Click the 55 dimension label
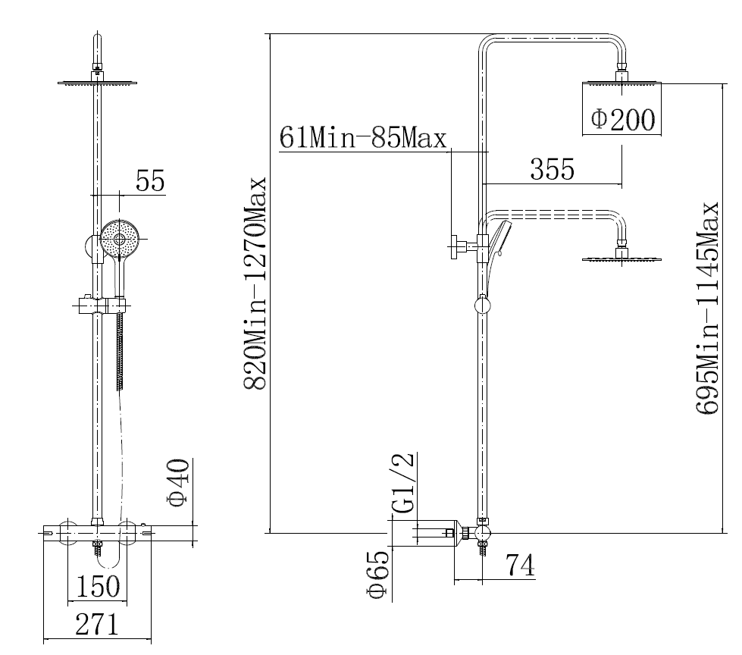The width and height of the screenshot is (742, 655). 151,180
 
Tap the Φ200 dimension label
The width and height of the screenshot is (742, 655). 623,119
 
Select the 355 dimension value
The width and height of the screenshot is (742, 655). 553,169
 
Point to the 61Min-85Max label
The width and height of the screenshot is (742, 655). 363,138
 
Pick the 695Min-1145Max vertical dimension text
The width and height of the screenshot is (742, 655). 707,309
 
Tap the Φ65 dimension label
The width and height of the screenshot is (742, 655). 378,575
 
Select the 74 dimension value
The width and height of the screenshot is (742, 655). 520,564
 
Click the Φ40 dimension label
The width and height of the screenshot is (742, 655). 179,482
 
